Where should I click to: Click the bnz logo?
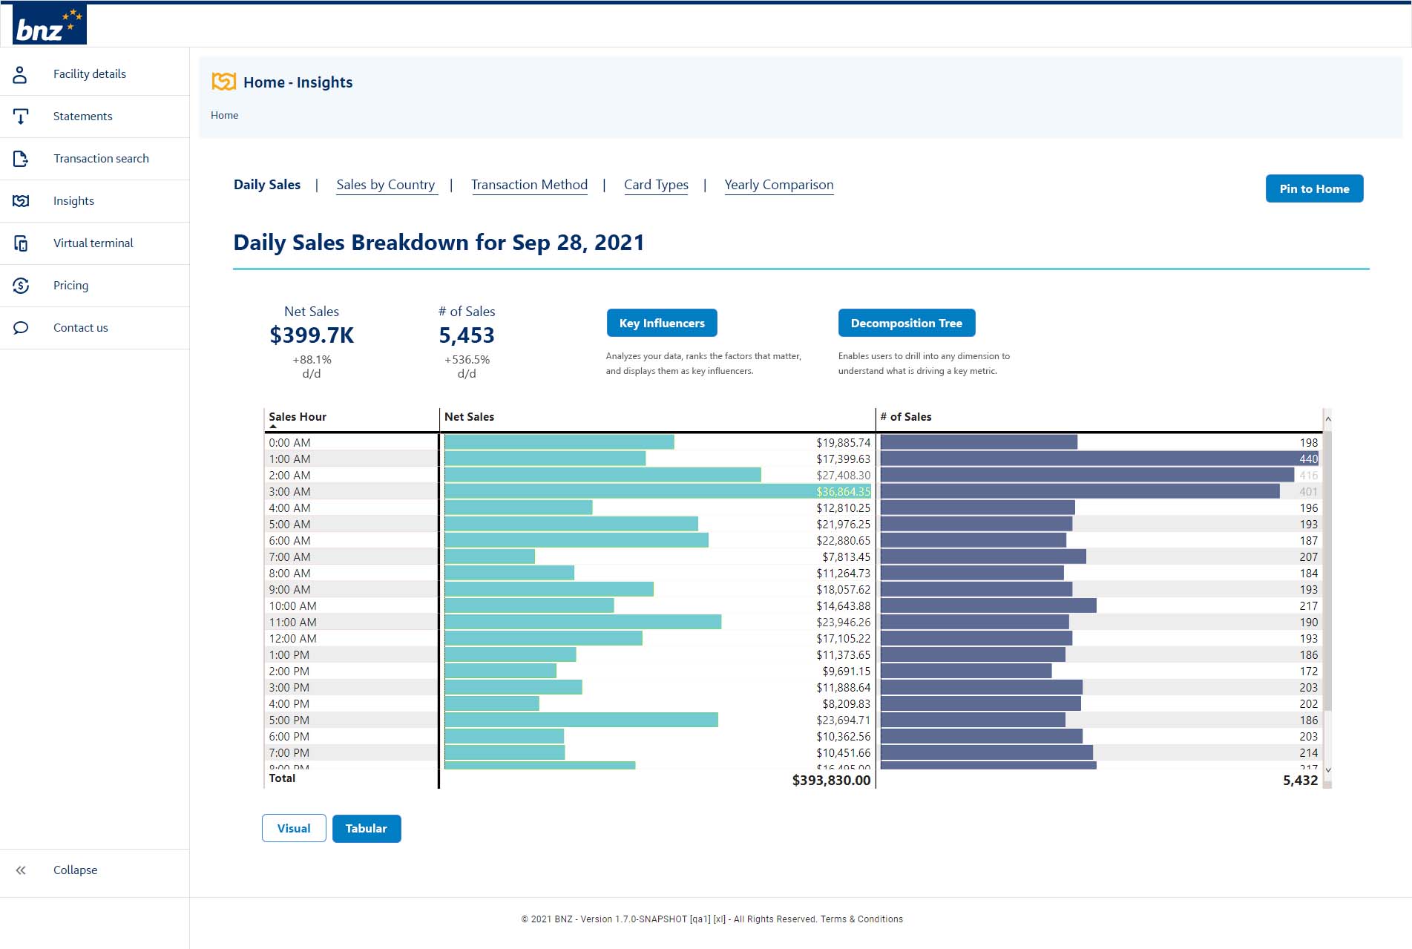[x=49, y=24]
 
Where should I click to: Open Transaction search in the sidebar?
[x=101, y=159]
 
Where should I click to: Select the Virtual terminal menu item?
[x=93, y=243]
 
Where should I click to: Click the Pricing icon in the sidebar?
[x=21, y=286]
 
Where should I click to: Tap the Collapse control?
[x=74, y=870]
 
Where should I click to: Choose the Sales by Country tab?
[x=385, y=185]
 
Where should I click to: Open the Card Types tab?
[x=656, y=185]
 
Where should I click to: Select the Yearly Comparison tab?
[x=778, y=185]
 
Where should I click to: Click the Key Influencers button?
[x=662, y=324]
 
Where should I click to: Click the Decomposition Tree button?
[x=906, y=324]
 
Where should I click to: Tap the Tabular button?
[x=367, y=829]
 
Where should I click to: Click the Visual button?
[x=294, y=829]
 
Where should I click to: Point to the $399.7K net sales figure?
[x=312, y=335]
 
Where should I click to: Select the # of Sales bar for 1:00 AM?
[x=1087, y=459]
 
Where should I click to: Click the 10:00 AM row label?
[x=292, y=606]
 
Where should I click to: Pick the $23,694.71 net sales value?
[x=843, y=720]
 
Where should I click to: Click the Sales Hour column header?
[x=298, y=417]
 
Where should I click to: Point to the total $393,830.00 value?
[x=831, y=780]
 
